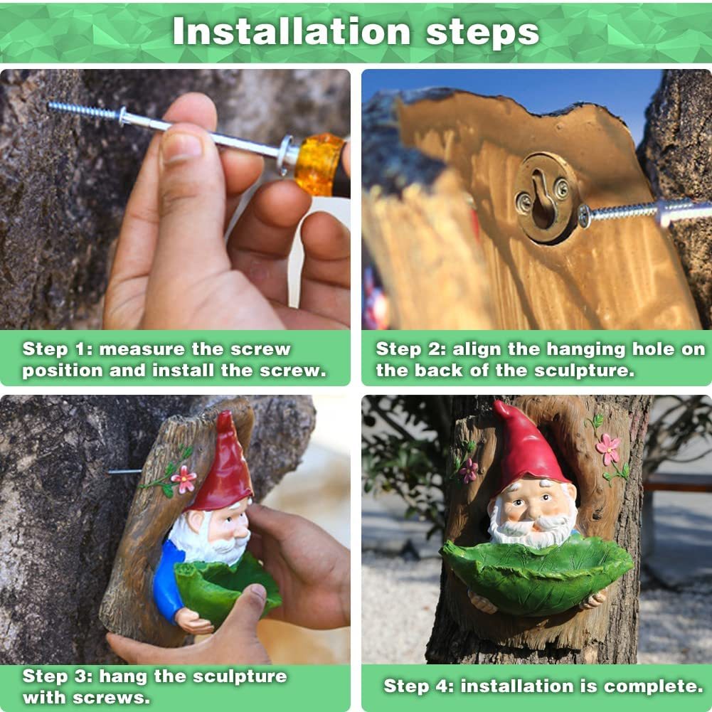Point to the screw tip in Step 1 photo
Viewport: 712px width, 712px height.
[53, 107]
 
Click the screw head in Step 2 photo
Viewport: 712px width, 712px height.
[585, 215]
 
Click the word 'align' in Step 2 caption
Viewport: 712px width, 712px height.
[474, 349]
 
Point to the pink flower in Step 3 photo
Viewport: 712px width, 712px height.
[184, 479]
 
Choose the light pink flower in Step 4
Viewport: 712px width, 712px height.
[608, 449]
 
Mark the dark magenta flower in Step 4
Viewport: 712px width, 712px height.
[469, 470]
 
